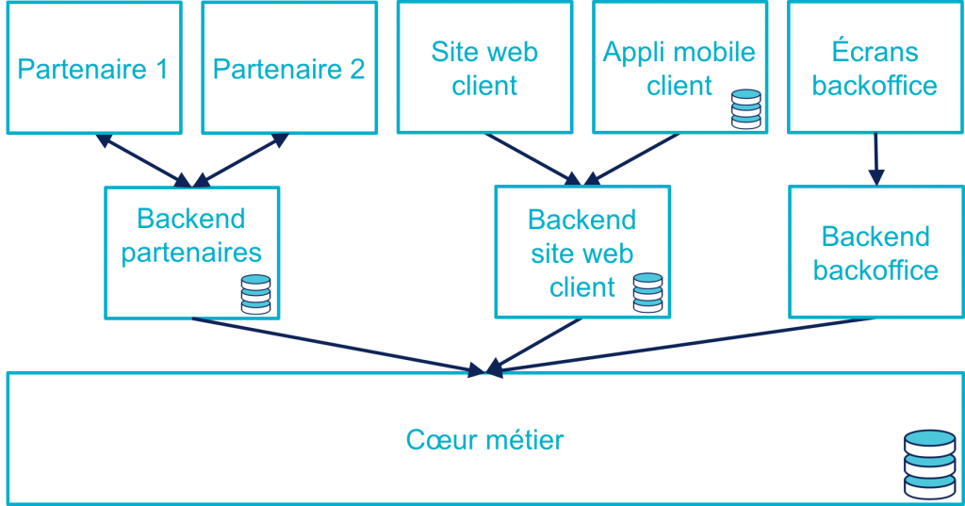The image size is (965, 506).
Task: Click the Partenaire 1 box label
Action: (x=92, y=70)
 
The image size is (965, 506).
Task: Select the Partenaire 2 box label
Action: (x=288, y=70)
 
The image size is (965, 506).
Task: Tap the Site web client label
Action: (x=484, y=69)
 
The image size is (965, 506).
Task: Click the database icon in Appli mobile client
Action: (x=746, y=109)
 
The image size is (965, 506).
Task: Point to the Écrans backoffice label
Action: (x=875, y=69)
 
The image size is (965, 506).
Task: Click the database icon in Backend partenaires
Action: (x=255, y=294)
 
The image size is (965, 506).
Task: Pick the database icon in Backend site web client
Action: (x=647, y=293)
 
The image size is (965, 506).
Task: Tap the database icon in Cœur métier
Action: (x=929, y=465)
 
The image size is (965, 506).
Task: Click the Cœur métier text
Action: (x=484, y=440)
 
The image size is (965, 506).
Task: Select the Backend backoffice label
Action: (x=875, y=253)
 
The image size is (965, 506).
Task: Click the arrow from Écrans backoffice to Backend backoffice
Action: (x=876, y=158)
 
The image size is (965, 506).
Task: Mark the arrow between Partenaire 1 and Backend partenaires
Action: (x=142, y=159)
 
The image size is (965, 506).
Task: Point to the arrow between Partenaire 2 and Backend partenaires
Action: (x=241, y=159)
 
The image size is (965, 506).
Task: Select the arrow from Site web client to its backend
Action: (x=532, y=157)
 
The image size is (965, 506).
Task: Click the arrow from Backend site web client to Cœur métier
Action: (x=536, y=344)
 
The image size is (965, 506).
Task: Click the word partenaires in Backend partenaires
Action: (x=191, y=253)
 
